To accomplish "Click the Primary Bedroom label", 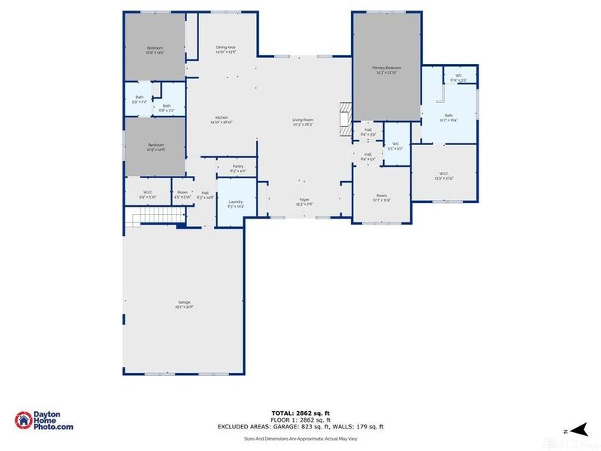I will click(386, 69).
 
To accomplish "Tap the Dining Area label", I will click(226, 50).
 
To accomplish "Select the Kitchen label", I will click(222, 120).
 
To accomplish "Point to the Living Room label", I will click(303, 122).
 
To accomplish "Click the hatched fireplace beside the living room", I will click(345, 120).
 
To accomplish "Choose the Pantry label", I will click(237, 168).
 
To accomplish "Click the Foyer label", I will click(303, 202).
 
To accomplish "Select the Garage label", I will click(184, 305).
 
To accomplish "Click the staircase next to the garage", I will click(154, 219).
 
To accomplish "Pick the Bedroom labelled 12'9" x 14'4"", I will click(155, 50).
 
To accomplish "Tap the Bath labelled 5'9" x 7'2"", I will click(139, 99).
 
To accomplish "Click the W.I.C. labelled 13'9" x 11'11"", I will click(445, 176).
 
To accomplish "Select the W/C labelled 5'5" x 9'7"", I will click(395, 146).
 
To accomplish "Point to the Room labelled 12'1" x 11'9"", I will click(381, 198).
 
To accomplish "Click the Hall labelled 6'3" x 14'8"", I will click(205, 195).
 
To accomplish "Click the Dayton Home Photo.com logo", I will click(44, 422).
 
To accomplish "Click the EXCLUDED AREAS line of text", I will click(300, 426).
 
